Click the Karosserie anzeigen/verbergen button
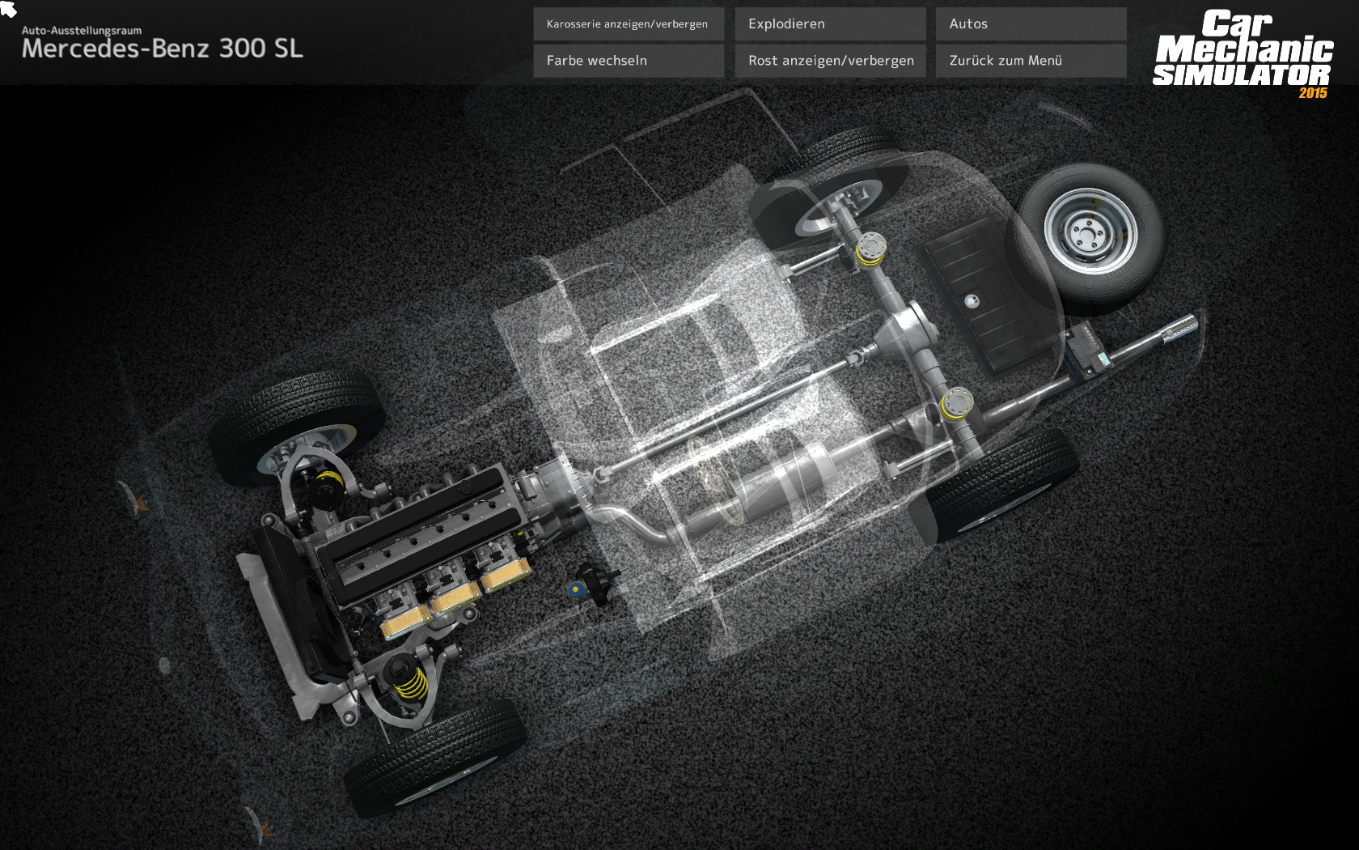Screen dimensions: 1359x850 pyautogui.click(x=629, y=24)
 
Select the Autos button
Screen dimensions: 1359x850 pyautogui.click(x=1031, y=24)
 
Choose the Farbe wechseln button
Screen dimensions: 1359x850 pyautogui.click(x=629, y=61)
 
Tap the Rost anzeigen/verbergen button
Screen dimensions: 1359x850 pyautogui.click(x=830, y=61)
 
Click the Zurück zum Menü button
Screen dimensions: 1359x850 pyautogui.click(x=1031, y=61)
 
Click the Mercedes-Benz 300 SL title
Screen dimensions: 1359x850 pyautogui.click(x=162, y=49)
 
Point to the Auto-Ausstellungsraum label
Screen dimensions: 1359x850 pyautogui.click(x=81, y=31)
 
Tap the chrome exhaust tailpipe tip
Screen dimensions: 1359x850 pyautogui.click(x=1180, y=329)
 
